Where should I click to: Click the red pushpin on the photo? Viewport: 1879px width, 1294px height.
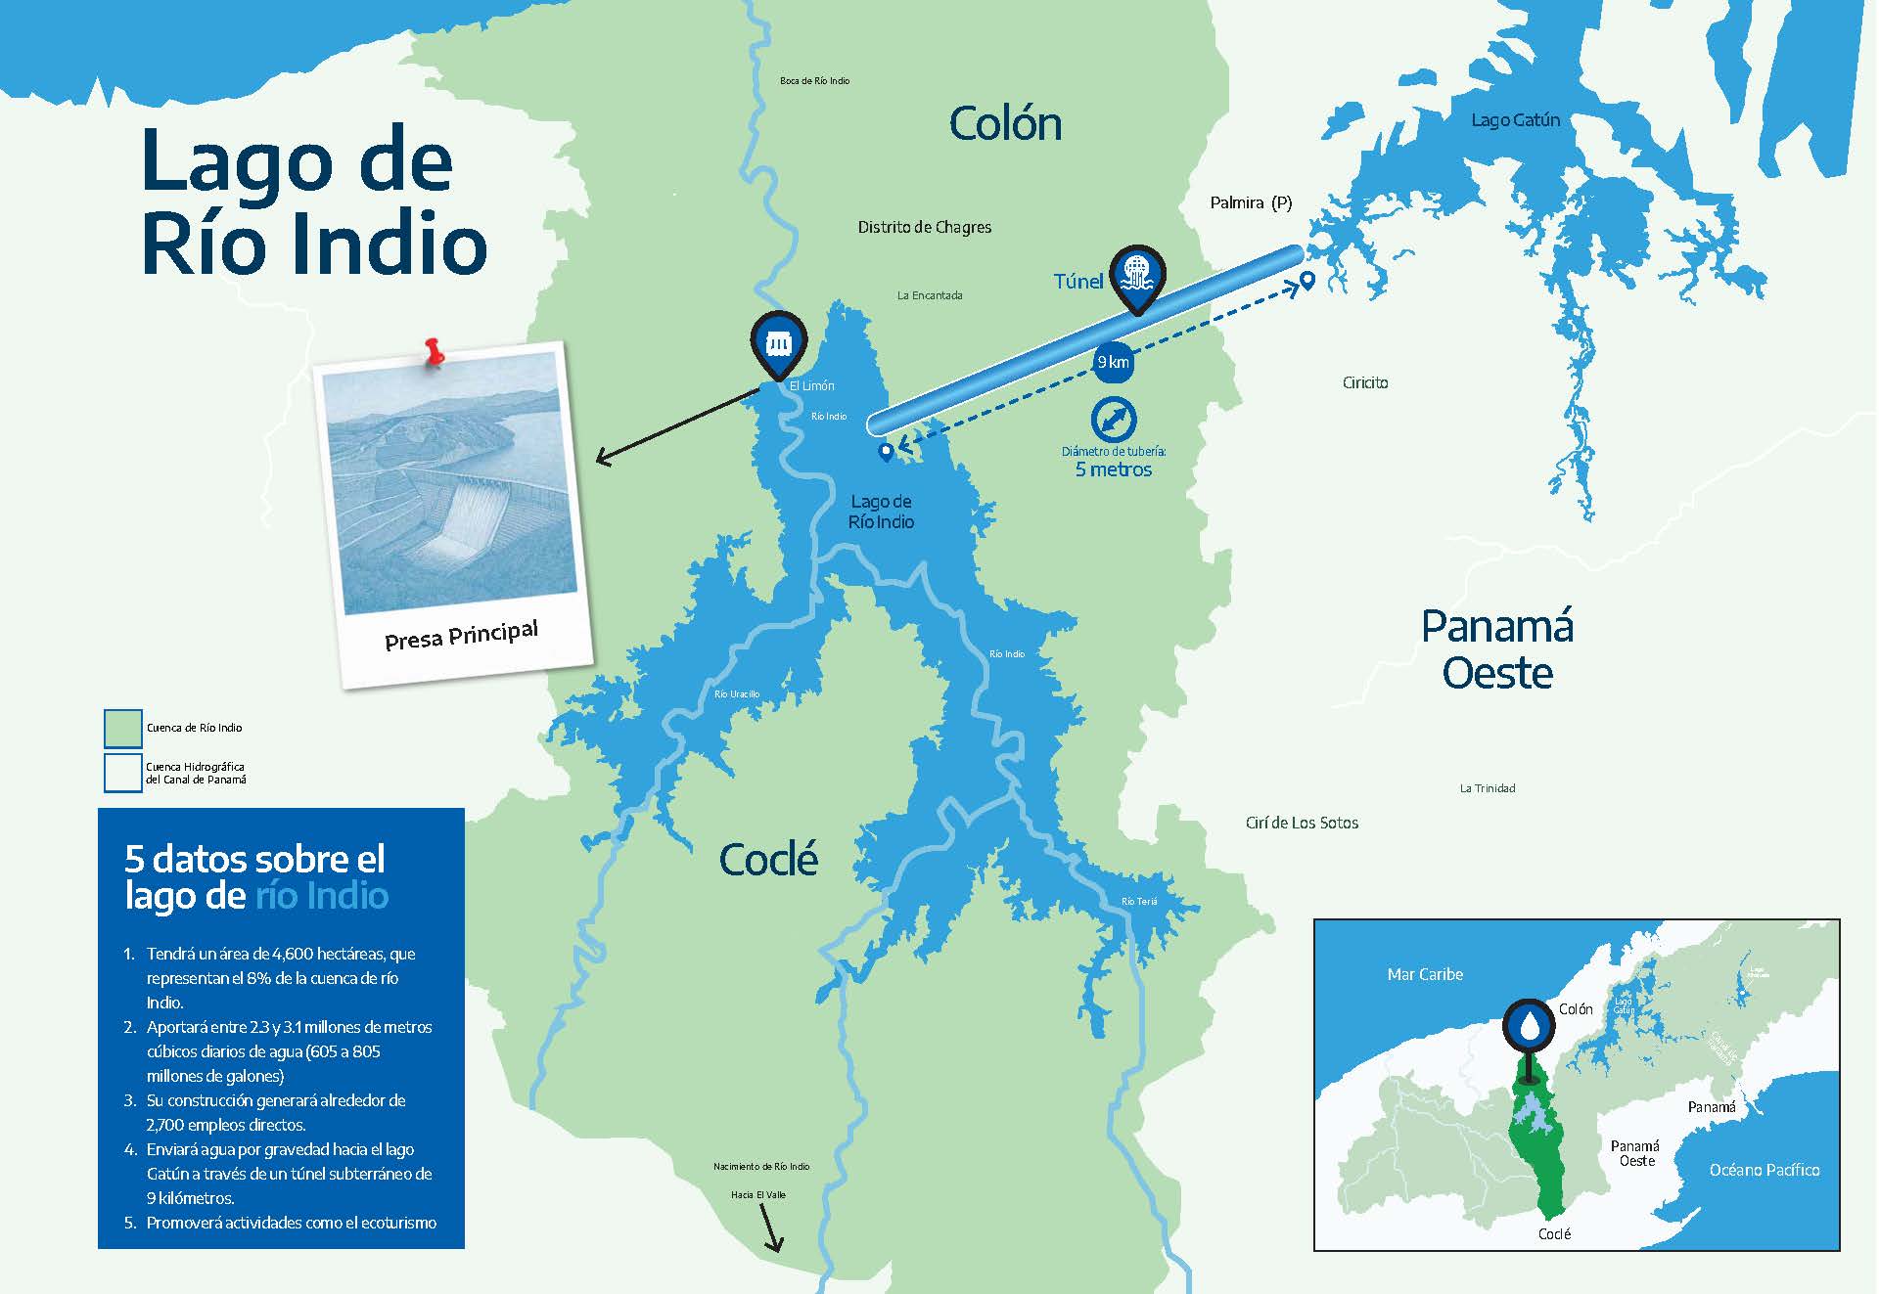pyautogui.click(x=434, y=351)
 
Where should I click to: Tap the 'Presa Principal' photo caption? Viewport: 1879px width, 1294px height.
pyautogui.click(x=461, y=635)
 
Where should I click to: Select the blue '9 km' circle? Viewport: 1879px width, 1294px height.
pyautogui.click(x=1113, y=362)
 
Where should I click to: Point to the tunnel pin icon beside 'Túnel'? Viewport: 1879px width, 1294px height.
pyautogui.click(x=1136, y=274)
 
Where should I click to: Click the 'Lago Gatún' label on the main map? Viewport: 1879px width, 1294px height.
pyautogui.click(x=1515, y=120)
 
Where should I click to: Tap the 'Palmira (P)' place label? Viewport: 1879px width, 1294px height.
pyautogui.click(x=1251, y=202)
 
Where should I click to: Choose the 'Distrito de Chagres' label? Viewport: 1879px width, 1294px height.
pyautogui.click(x=924, y=227)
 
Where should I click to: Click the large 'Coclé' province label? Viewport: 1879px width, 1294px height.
pyautogui.click(x=768, y=860)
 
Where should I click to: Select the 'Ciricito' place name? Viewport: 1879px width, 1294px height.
pyautogui.click(x=1364, y=382)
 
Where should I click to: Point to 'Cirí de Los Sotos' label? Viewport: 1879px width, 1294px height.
pyautogui.click(x=1302, y=823)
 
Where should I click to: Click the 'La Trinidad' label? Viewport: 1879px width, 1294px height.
pyautogui.click(x=1487, y=788)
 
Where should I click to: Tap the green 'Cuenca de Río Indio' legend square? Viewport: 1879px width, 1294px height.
pyautogui.click(x=123, y=728)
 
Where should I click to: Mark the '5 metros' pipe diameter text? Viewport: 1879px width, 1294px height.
pyautogui.click(x=1113, y=469)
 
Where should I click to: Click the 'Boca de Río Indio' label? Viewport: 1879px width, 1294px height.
pyautogui.click(x=814, y=81)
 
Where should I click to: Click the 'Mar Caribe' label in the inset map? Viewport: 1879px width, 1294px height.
pyautogui.click(x=1425, y=974)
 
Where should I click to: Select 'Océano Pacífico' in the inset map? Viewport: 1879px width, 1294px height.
pyautogui.click(x=1764, y=1170)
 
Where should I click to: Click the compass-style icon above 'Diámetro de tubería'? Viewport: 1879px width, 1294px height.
pyautogui.click(x=1114, y=420)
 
